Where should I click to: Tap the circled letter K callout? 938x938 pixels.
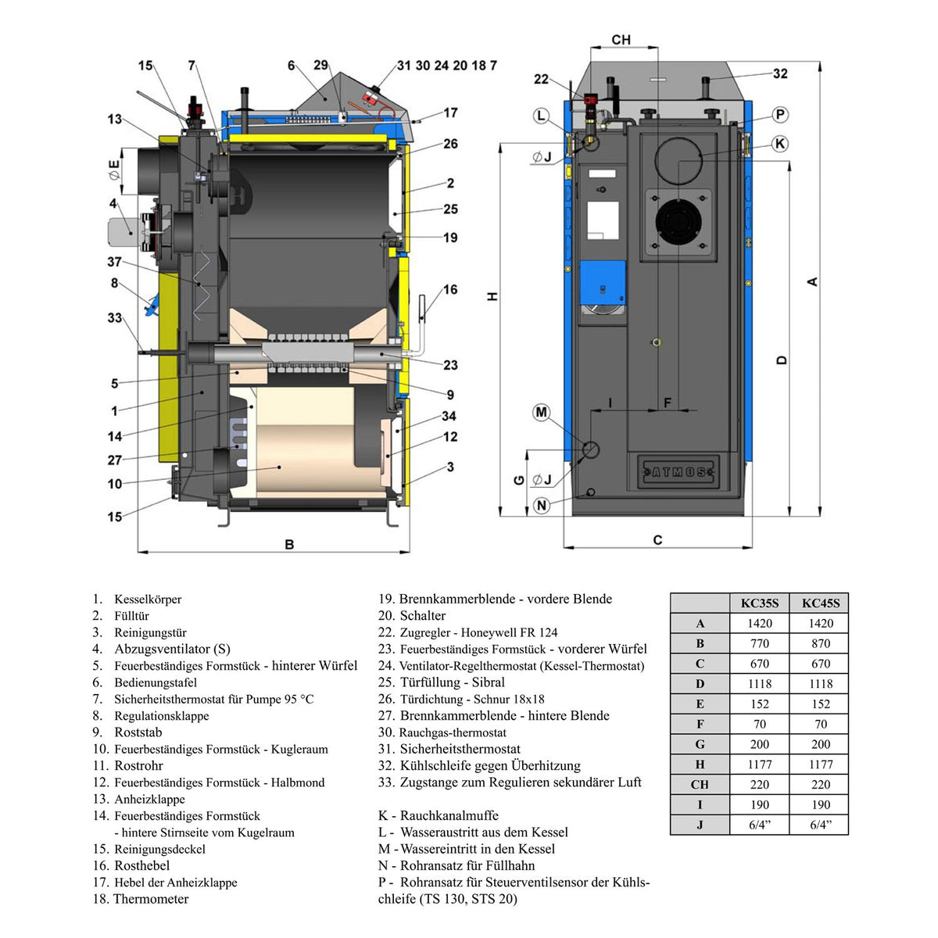pos(780,144)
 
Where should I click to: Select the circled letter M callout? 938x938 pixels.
pos(541,412)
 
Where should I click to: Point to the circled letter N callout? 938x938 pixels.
pos(541,505)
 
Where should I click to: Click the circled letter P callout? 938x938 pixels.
pos(780,115)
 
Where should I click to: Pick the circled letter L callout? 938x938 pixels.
pos(541,116)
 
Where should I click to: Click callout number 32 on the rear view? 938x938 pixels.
pos(780,73)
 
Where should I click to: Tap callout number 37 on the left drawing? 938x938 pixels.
pos(114,262)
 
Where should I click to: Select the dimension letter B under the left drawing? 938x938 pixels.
pos(289,544)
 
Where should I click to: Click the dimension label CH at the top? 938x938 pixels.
pos(621,39)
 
